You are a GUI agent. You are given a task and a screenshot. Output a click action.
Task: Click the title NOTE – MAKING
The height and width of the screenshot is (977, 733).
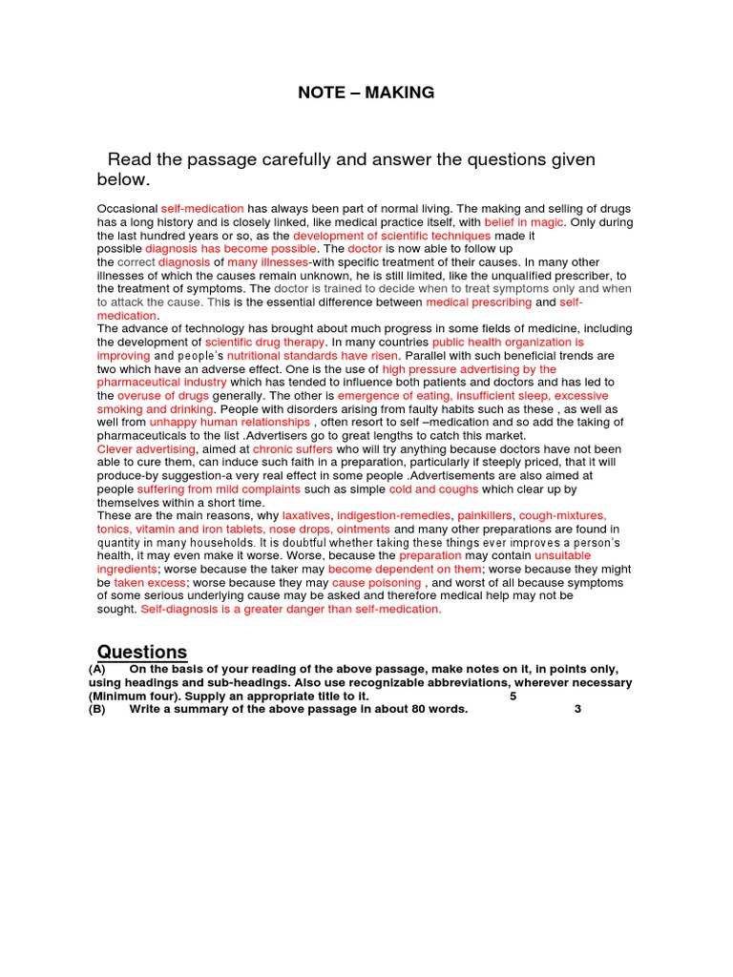[366, 93]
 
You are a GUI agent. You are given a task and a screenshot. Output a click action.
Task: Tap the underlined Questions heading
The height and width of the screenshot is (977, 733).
[138, 652]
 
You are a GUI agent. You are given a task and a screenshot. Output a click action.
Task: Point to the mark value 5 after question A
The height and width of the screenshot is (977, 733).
[513, 696]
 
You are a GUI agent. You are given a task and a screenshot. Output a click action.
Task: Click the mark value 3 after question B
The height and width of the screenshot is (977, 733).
[577, 709]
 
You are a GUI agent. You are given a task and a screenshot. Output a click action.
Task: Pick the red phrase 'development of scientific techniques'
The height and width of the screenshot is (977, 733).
[391, 236]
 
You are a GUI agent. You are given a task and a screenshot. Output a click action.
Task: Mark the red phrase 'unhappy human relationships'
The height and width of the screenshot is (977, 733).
[229, 422]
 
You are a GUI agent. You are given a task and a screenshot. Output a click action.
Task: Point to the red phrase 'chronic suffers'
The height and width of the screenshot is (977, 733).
[293, 448]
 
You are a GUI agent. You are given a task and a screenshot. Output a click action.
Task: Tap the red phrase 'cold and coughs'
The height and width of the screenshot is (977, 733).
[432, 488]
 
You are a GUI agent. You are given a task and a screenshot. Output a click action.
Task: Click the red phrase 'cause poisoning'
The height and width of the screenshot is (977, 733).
[376, 582]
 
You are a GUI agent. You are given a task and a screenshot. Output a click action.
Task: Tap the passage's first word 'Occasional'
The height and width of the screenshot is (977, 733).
[128, 209]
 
